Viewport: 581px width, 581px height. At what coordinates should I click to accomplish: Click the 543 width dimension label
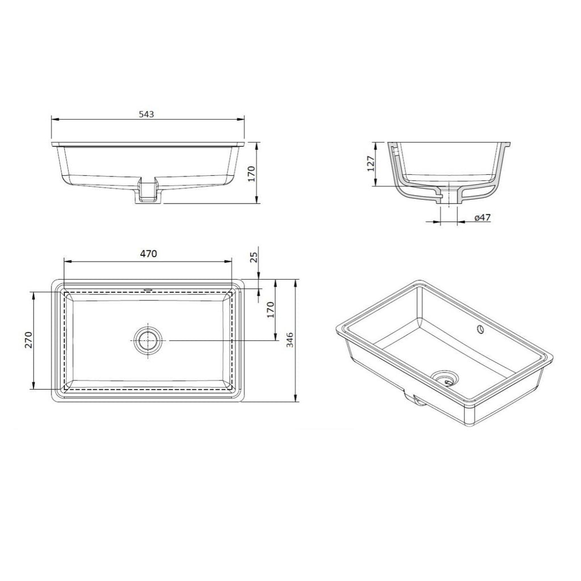pos(146,114)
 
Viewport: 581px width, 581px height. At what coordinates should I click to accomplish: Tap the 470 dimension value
pos(149,254)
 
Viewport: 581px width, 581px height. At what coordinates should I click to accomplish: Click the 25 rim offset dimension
pos(254,258)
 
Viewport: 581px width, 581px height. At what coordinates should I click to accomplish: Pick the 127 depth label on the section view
pos(371,163)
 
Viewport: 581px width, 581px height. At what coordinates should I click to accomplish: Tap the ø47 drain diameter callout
pos(482,218)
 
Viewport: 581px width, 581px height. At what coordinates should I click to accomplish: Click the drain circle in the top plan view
pos(149,340)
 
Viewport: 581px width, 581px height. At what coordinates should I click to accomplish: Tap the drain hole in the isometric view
pos(445,377)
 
